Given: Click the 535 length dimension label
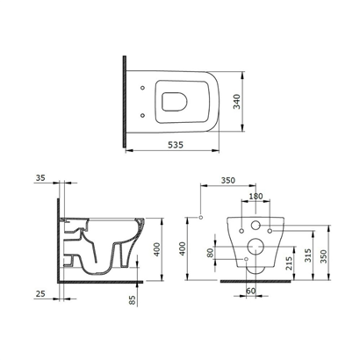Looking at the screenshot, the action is (x=176, y=145).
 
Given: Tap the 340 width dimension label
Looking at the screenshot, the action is (x=236, y=102).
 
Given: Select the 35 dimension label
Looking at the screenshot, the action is (x=40, y=177).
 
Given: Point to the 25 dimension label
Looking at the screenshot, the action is (x=40, y=293).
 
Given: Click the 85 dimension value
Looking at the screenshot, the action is (x=133, y=300).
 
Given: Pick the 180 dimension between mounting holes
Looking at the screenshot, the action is (x=256, y=196).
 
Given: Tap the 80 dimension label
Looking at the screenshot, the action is (x=210, y=253).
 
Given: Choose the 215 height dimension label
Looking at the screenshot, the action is (x=288, y=263).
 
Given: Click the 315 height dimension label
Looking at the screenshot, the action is (x=307, y=256).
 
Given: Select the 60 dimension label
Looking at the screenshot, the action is (x=250, y=291).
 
